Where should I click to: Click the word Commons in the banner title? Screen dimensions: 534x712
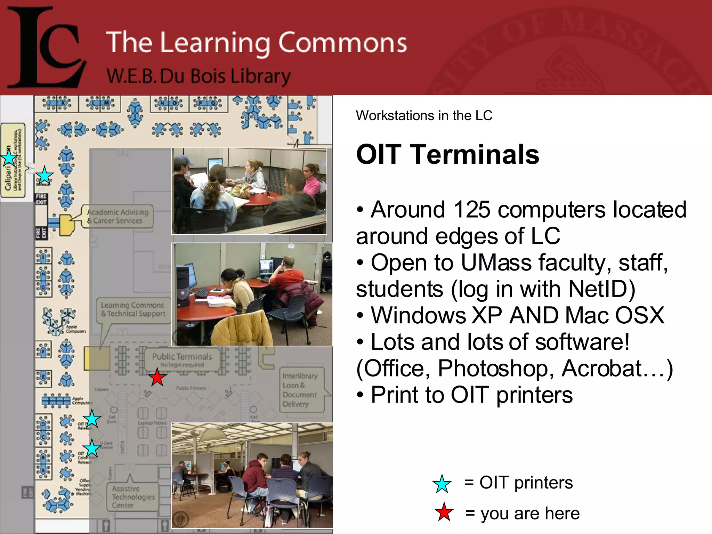coord(342,42)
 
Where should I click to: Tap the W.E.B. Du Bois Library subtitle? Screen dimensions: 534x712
coord(198,76)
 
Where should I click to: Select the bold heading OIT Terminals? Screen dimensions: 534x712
coord(447,154)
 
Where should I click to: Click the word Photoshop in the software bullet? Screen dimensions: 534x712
coord(495,368)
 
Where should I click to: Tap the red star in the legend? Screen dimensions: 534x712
coord(444,512)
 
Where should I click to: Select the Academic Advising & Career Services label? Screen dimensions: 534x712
coord(118,216)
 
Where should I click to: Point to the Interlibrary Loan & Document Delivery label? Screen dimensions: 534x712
coord(300,390)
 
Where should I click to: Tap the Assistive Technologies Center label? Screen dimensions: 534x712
coord(133,497)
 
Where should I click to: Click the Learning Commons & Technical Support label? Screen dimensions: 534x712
coord(133,309)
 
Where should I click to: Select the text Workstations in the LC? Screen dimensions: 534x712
coord(424,115)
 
